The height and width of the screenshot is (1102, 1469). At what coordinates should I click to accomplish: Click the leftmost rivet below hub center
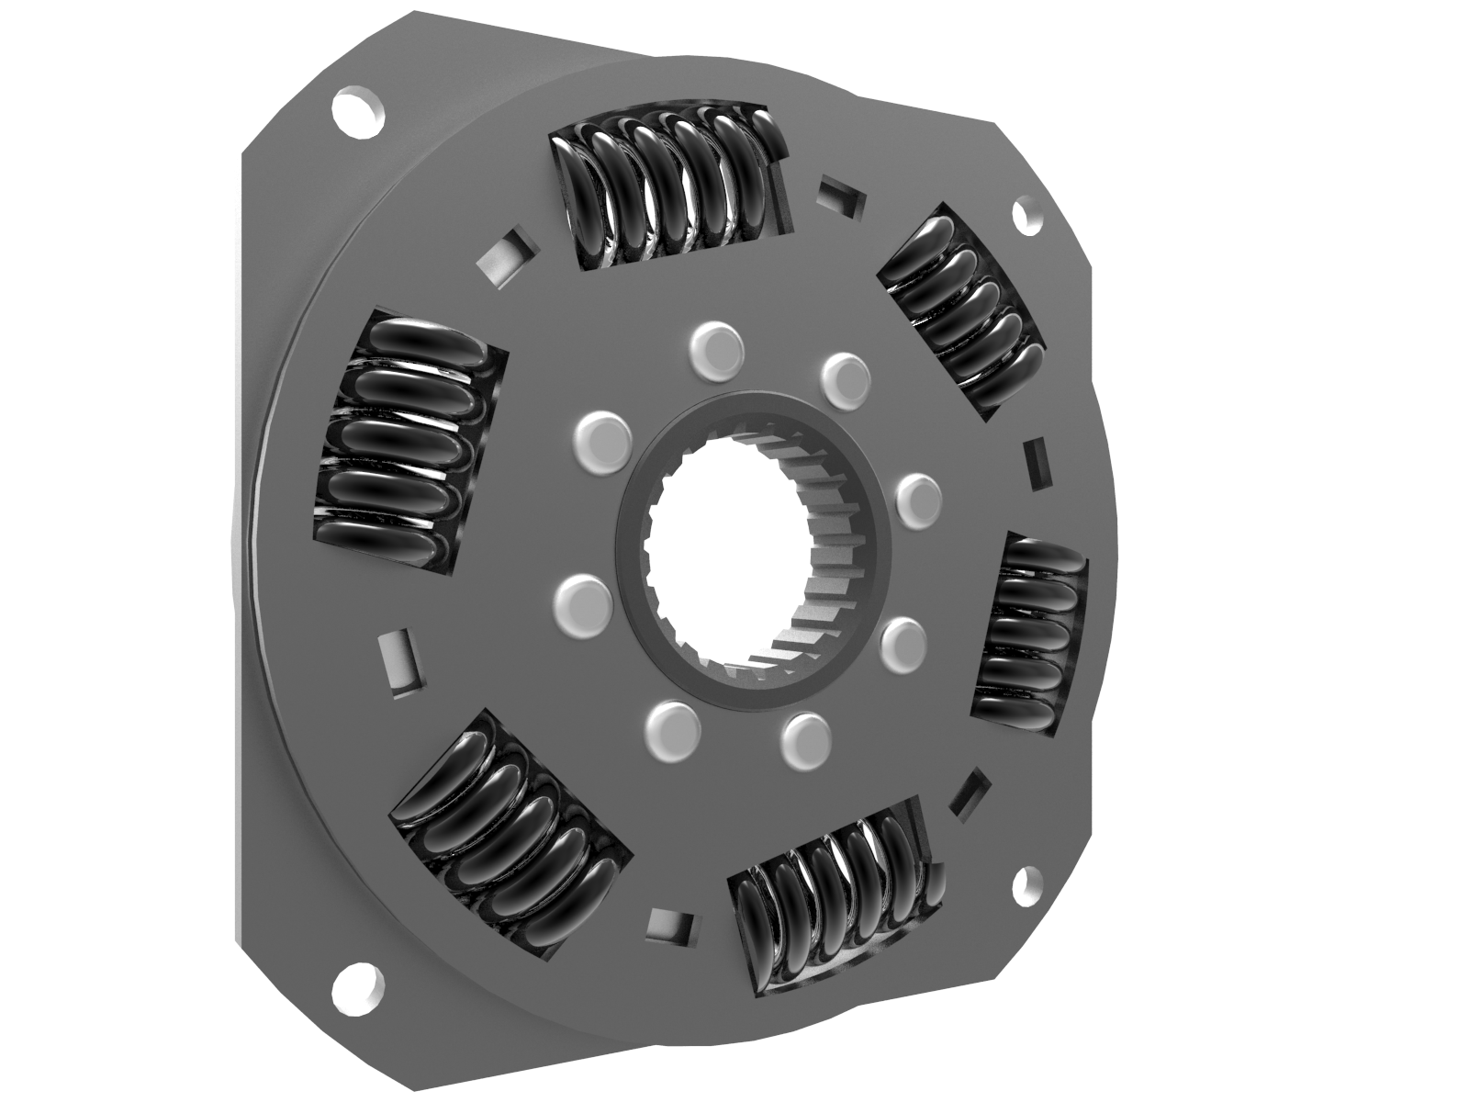584,604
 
